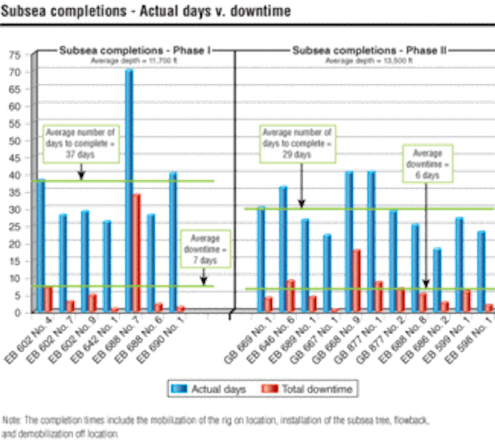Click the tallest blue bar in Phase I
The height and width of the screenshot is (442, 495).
point(130,190)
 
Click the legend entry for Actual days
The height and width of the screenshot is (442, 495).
point(209,389)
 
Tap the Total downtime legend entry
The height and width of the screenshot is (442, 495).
point(307,389)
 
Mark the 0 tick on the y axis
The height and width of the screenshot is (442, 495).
point(16,313)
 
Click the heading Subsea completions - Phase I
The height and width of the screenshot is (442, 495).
point(135,51)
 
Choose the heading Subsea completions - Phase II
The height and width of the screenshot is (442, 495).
point(370,51)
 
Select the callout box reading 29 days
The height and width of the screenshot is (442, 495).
point(297,144)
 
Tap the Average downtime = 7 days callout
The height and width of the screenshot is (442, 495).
point(205,249)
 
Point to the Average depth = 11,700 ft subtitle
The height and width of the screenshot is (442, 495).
point(135,61)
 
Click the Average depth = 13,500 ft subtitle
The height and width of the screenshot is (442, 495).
point(369,61)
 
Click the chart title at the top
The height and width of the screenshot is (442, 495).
point(146,11)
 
